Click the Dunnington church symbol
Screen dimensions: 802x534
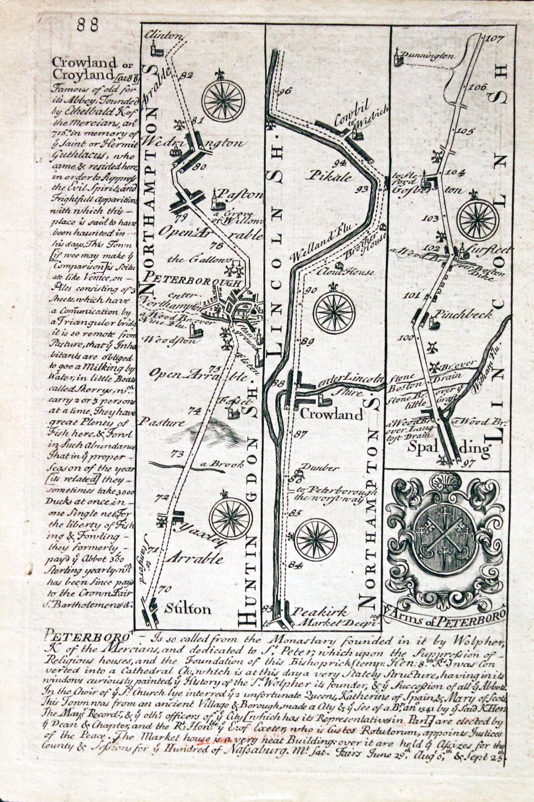click(x=397, y=58)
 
